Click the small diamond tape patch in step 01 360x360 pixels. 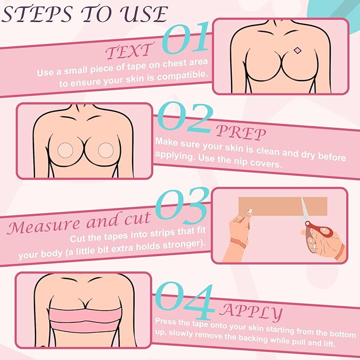pyautogui.click(x=297, y=51)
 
